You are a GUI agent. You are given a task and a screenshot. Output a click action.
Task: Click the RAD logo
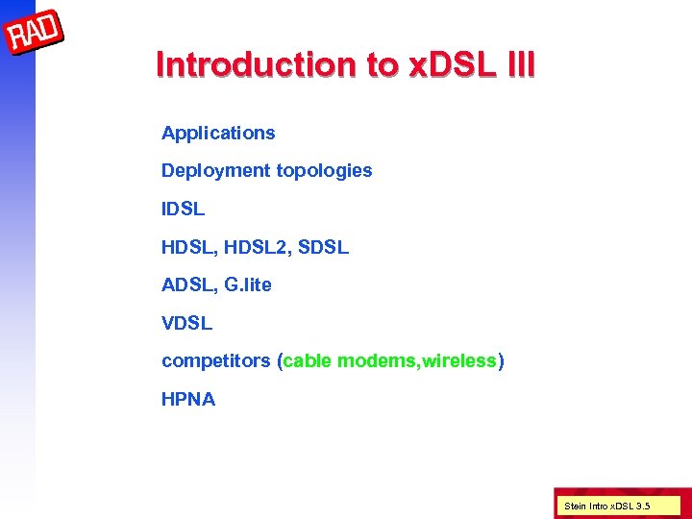point(35,36)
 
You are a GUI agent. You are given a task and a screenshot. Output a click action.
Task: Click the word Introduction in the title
point(255,64)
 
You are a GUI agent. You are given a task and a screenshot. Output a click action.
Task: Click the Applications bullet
point(218,134)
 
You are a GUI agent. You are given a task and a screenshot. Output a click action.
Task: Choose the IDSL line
point(183,209)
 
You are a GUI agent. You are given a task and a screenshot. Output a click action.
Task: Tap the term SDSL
point(324,247)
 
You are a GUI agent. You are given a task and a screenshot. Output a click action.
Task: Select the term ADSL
point(185,284)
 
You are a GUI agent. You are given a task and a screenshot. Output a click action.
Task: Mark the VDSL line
point(186,323)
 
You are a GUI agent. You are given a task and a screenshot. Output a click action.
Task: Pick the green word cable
point(306,361)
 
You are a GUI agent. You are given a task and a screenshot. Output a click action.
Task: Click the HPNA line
point(188,399)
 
